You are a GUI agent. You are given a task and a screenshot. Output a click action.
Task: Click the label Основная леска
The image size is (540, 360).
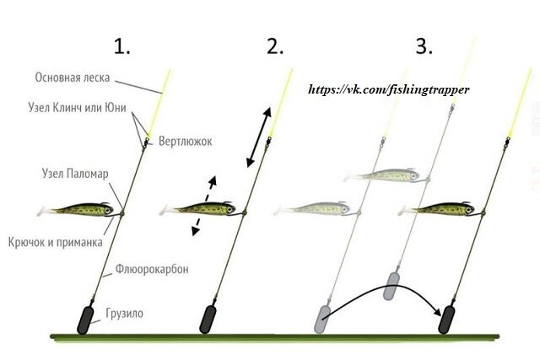click(x=71, y=78)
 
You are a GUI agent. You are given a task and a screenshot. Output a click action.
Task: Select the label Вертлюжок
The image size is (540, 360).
click(x=184, y=141)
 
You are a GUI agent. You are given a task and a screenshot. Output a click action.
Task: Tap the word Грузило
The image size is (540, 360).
click(x=125, y=313)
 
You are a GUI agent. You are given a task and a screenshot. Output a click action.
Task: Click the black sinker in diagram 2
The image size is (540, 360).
click(x=210, y=320)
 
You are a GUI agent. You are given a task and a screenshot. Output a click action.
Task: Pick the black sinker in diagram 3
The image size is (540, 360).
click(x=445, y=320)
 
